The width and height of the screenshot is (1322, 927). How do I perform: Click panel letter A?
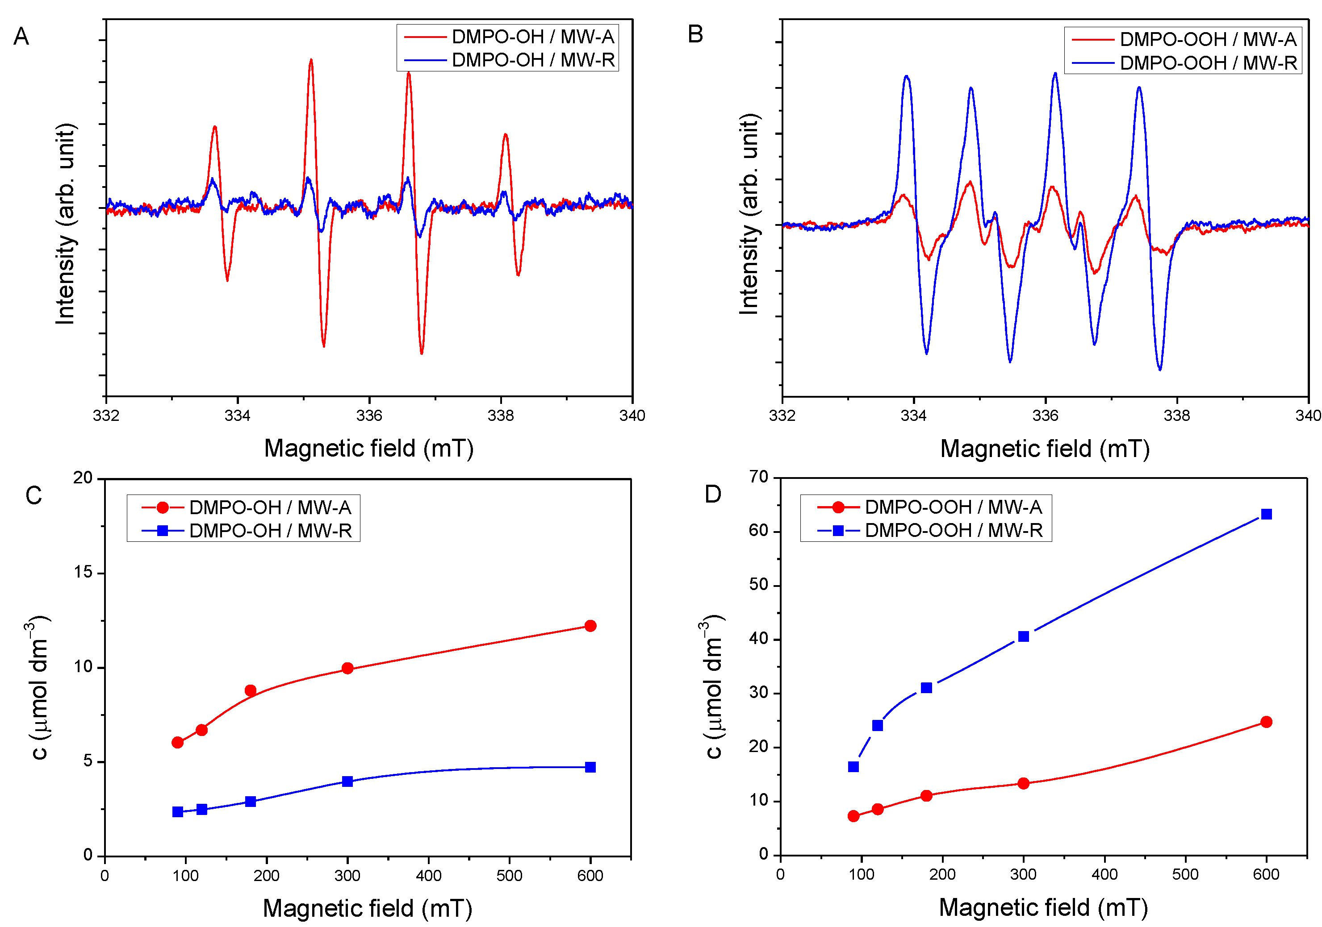(x=21, y=37)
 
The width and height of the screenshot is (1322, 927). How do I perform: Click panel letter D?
(x=713, y=494)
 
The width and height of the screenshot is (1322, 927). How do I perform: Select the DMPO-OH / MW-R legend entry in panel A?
(x=533, y=60)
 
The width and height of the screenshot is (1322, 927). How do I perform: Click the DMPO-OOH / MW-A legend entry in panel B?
(x=1207, y=39)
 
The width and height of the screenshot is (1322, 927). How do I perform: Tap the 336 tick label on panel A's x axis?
(x=368, y=416)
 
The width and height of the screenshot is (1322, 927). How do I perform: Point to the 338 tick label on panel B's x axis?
(x=1176, y=416)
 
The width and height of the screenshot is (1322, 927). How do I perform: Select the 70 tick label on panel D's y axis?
(x=759, y=477)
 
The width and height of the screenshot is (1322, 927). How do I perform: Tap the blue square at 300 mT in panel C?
(x=347, y=782)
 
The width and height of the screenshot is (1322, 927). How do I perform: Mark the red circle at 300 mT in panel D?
(x=1023, y=783)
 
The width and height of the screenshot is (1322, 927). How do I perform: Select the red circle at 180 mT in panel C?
(x=251, y=690)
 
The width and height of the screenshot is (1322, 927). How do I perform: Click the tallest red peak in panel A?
(x=311, y=60)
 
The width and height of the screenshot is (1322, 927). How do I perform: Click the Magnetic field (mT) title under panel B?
(x=1045, y=449)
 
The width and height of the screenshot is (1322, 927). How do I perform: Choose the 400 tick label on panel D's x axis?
(x=1104, y=875)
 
